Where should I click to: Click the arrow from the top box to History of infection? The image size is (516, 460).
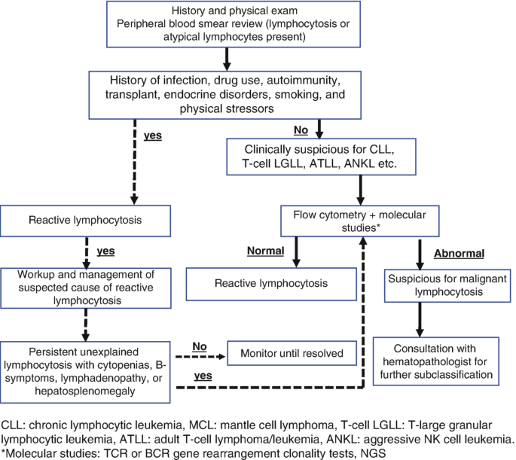point(226,57)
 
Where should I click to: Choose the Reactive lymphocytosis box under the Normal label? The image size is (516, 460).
point(260,283)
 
